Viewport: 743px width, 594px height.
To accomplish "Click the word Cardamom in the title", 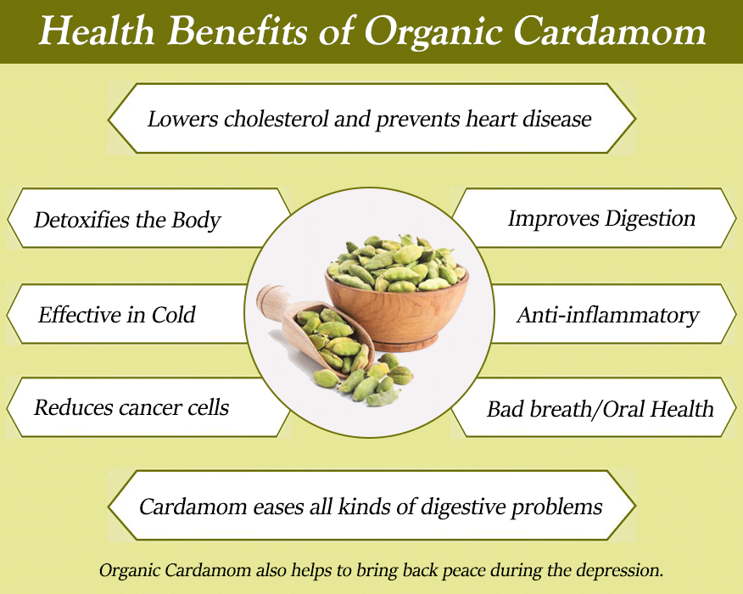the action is coord(610,32).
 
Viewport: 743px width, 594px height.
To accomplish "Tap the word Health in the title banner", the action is coord(97,31).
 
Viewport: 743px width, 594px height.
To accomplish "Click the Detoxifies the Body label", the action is coord(127,220).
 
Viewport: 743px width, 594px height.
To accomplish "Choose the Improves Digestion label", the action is coord(602,219).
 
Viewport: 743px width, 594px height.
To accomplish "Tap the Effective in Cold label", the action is coord(116,315).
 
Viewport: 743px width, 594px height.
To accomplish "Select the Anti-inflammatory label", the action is coord(608,316).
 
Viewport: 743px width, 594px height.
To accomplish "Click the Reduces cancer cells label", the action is coord(131,407).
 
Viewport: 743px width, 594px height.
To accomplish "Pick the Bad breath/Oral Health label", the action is coord(601,409).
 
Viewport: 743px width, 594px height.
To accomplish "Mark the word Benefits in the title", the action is coord(237,31).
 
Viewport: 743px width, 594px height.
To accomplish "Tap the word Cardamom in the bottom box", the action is coord(193,507).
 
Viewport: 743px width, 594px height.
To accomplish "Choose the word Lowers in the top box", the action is coord(183,119).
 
